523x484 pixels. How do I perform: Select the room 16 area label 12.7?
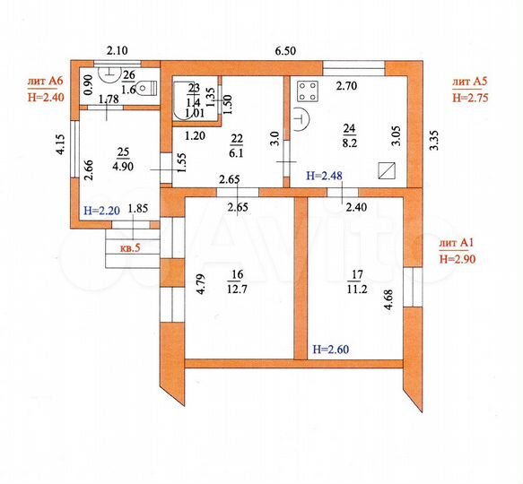tap(237, 290)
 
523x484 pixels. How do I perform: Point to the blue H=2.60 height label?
tap(332, 348)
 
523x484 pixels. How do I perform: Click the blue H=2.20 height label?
tap(101, 211)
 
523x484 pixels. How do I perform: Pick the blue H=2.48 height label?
tap(326, 175)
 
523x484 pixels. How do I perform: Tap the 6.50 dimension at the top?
tap(285, 51)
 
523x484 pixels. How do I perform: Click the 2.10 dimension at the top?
tap(118, 51)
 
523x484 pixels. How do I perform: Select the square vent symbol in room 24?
tap(388, 169)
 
